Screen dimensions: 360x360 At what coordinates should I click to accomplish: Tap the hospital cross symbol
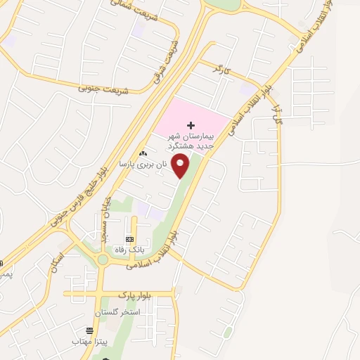pos(191,124)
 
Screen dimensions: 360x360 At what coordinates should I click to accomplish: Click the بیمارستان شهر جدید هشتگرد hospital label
pos(191,140)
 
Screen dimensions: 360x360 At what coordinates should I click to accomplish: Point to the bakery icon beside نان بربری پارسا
pos(143,153)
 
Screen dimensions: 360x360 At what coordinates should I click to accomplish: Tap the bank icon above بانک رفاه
pos(129,238)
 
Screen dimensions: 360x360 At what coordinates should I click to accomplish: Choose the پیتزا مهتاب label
pos(89,340)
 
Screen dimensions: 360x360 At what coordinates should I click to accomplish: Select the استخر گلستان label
pos(118,310)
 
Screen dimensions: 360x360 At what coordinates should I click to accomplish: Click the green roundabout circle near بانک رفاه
pos(103,259)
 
